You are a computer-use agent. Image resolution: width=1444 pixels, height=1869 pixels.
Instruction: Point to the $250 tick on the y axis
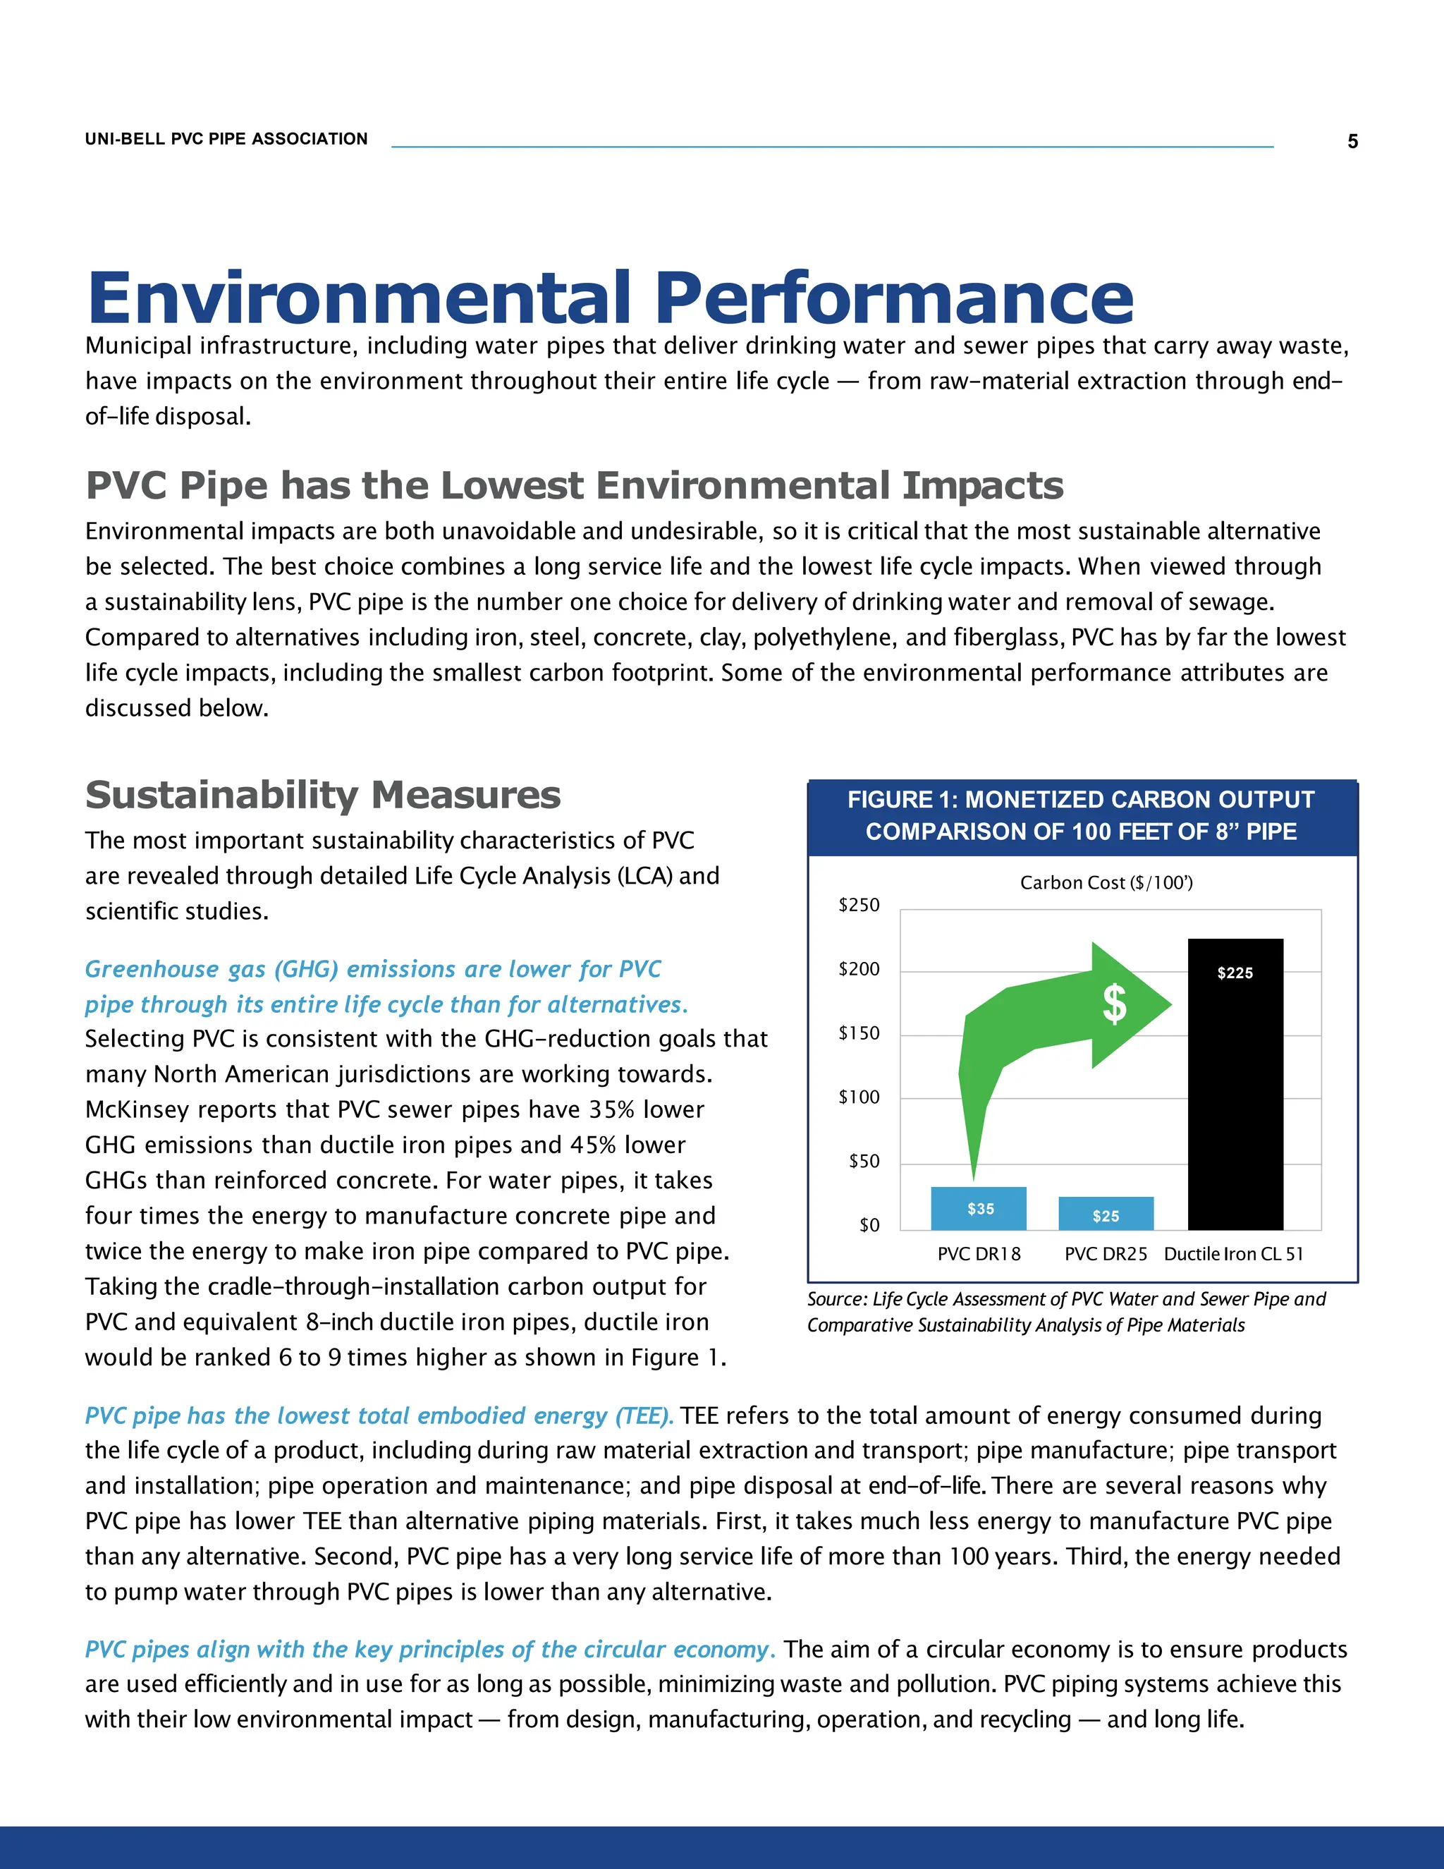point(859,906)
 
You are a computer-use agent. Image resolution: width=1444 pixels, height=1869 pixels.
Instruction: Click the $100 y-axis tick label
point(859,1097)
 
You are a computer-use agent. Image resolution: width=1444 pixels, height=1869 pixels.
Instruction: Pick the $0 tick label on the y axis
point(869,1226)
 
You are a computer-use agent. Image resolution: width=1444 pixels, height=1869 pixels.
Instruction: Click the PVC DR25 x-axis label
point(1106,1254)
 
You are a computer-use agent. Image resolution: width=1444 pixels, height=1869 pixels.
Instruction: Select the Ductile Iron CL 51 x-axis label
point(1234,1254)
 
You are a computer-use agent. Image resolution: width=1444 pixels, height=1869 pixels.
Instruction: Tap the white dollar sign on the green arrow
point(1114,1004)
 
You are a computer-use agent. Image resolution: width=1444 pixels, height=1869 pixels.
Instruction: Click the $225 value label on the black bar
point(1235,973)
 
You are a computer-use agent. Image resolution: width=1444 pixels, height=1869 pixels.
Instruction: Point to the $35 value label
point(980,1208)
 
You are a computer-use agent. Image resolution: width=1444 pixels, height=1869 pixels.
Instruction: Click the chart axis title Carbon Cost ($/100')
point(1106,882)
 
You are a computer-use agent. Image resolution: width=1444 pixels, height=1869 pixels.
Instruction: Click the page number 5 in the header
point(1352,141)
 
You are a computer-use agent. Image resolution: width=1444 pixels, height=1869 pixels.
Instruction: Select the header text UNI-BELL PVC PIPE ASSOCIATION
point(226,139)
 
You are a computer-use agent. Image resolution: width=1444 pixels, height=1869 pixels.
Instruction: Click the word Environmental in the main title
point(360,298)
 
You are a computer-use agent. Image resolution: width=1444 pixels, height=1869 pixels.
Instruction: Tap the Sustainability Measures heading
point(322,795)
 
